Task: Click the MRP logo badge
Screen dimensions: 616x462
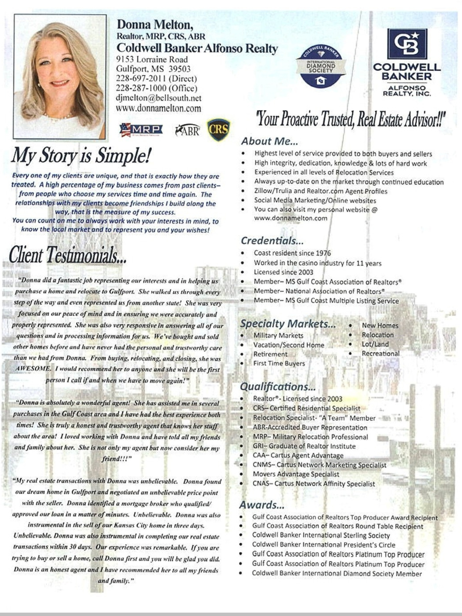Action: click(141, 130)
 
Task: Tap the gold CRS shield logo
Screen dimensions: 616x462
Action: click(219, 129)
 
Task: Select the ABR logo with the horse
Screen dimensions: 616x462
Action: click(187, 130)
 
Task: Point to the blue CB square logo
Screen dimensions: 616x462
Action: click(407, 44)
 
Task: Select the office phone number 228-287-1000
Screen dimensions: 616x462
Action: click(156, 88)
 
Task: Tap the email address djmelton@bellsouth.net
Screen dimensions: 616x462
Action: click(159, 98)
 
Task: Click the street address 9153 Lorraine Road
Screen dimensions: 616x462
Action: click(152, 59)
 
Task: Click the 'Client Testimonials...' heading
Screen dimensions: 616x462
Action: click(67, 255)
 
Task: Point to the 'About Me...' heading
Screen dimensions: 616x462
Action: click(269, 141)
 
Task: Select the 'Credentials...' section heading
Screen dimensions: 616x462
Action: click(272, 241)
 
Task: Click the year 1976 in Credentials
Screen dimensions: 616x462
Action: click(323, 253)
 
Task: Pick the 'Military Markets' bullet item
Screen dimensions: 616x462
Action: click(278, 336)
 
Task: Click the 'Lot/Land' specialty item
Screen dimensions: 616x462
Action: click(375, 344)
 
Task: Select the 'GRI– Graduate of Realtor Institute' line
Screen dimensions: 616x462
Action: click(304, 446)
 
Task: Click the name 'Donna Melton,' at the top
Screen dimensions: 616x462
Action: click(155, 25)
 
